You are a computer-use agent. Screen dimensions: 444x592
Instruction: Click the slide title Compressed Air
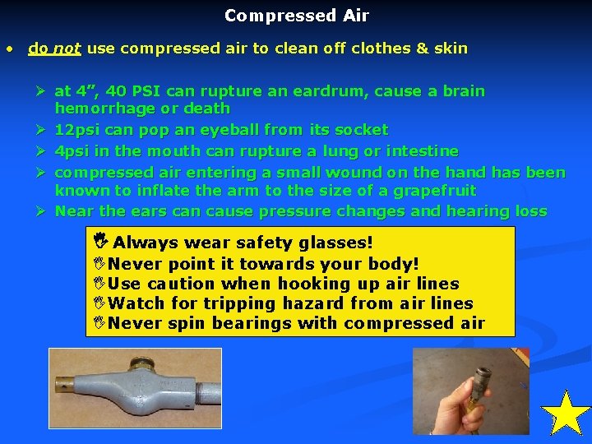tap(296, 16)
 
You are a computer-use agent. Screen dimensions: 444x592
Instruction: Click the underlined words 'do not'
tap(54, 49)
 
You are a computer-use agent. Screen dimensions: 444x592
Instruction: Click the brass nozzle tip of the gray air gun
tap(64, 383)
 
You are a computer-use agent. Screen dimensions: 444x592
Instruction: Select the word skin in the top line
tap(451, 49)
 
